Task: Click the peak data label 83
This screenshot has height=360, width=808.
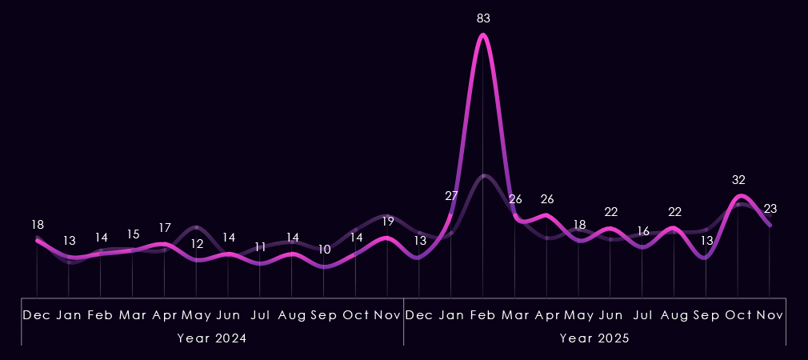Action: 482,18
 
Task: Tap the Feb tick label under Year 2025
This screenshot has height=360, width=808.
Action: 482,315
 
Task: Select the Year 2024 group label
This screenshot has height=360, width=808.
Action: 211,338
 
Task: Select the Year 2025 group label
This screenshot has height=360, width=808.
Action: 594,338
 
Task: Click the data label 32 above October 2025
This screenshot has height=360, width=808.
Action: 738,180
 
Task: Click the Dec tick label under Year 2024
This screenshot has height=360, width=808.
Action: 37,315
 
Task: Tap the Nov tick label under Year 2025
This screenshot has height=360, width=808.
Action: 770,315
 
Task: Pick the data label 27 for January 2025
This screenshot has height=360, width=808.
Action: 451,196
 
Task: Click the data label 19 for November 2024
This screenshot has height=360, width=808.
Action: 387,222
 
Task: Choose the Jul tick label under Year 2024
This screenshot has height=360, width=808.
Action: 260,315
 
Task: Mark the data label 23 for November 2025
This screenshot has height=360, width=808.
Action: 770,209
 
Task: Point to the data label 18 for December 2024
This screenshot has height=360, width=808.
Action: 37,225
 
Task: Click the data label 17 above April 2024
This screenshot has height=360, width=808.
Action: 165,228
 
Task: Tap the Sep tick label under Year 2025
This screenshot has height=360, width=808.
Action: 706,315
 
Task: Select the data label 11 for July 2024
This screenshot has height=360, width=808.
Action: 260,247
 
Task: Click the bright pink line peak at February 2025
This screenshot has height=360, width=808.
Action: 482,35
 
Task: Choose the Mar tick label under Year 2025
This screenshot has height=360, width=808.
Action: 514,315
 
